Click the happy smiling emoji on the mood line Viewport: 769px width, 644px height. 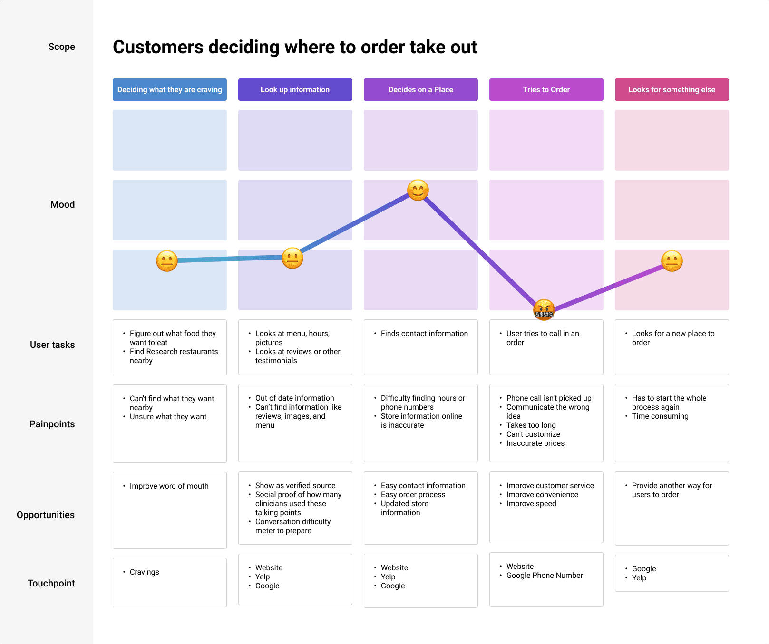(418, 191)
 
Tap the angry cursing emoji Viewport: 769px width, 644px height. (544, 309)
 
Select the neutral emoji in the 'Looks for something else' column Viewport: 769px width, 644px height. (672, 261)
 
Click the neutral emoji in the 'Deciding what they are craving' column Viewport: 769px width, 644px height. (167, 261)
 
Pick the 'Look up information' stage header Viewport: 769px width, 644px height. (295, 90)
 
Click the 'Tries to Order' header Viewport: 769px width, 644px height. (546, 90)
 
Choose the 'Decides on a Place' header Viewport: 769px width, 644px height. (420, 90)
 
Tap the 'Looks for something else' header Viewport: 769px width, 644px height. (672, 90)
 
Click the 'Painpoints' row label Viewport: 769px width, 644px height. (52, 424)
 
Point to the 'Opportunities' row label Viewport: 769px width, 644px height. (46, 515)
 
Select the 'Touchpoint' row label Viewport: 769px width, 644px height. (51, 583)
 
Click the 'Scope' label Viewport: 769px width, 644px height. (62, 47)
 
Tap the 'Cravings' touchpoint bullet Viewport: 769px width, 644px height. (145, 572)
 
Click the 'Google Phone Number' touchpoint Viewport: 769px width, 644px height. (545, 576)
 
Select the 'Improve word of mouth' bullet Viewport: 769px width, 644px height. (169, 486)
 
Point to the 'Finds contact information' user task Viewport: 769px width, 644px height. (424, 334)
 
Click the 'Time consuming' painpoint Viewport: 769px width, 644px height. (660, 416)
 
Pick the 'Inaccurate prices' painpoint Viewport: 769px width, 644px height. (535, 443)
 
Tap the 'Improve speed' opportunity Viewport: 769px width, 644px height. (531, 504)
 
